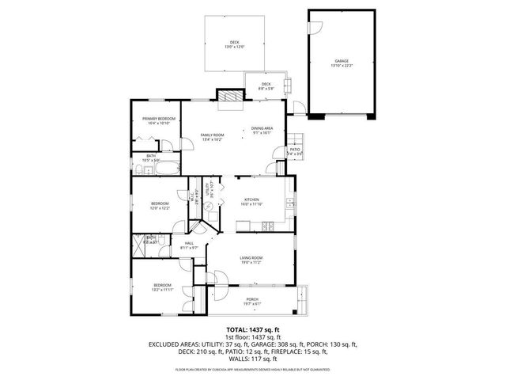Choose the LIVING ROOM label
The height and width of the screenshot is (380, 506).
coord(251,260)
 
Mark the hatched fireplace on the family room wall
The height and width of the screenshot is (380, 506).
coord(231,95)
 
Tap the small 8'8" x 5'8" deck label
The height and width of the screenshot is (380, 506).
coord(266,86)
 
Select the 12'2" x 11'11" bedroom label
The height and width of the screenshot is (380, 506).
coord(162,287)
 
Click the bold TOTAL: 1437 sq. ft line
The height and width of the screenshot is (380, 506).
coord(252,329)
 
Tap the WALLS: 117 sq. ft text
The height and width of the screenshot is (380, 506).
coord(252,358)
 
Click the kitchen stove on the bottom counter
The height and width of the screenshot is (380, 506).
coord(267,228)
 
